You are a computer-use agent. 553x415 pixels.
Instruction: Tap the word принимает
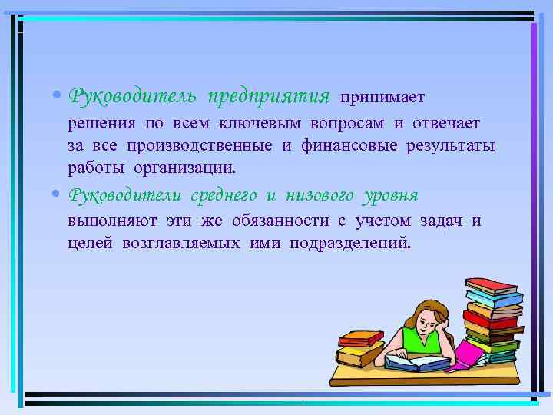382,98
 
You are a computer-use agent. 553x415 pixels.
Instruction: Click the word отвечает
445,124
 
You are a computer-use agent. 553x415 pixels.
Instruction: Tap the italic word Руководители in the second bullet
127,195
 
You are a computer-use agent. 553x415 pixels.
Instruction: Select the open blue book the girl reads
412,360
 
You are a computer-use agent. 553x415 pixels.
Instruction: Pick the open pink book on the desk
468,356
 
